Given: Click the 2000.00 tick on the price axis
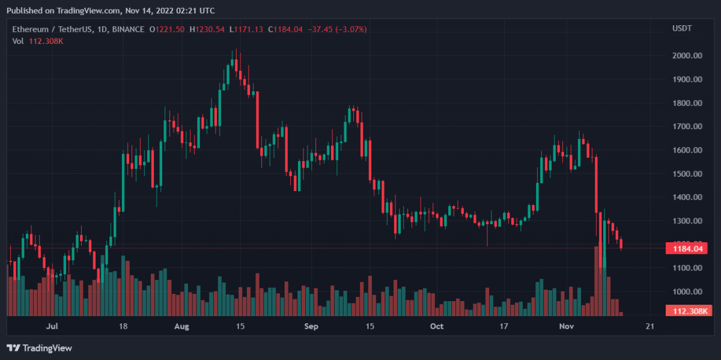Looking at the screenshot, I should [688, 56].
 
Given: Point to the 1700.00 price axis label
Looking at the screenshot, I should [688, 127].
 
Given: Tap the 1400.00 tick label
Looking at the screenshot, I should [688, 197].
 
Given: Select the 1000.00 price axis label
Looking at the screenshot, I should [688, 292].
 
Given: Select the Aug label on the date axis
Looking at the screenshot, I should [181, 326].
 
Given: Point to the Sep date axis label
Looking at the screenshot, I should [311, 326].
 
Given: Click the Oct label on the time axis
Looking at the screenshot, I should [437, 326].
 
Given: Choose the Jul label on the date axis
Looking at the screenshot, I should [52, 326].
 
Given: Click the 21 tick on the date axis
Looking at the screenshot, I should [649, 326].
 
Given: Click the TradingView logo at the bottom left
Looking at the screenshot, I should [39, 347].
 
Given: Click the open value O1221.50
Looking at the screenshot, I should [168, 29].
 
